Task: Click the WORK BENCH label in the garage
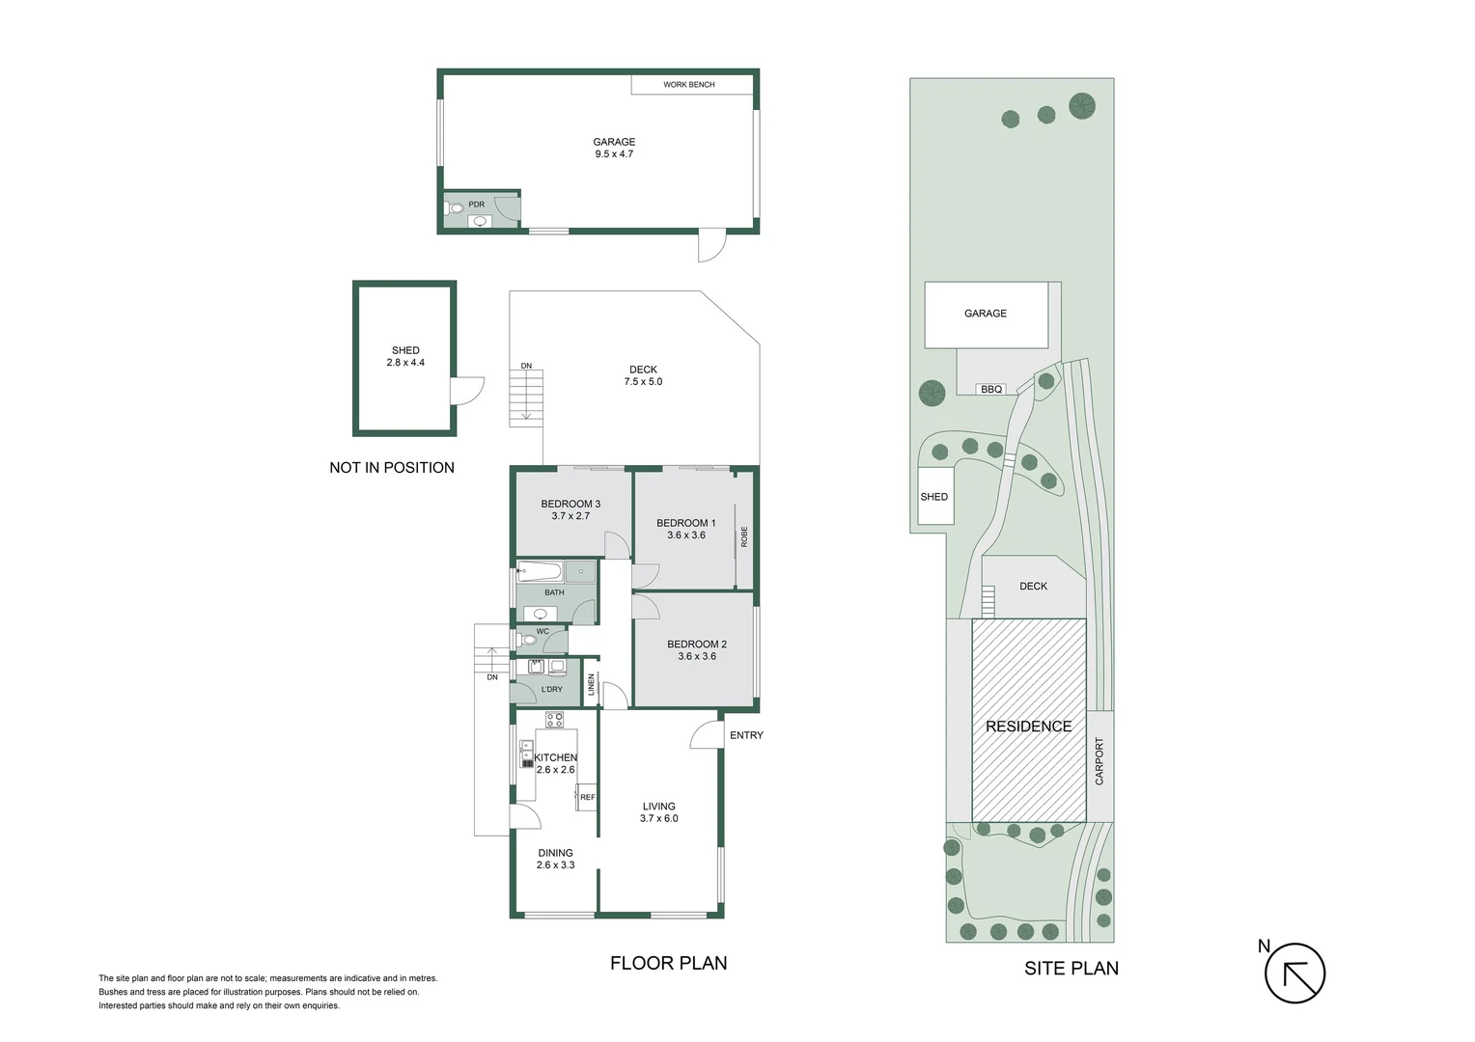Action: tap(688, 85)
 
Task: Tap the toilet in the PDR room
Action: tap(456, 207)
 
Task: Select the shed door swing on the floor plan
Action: tap(467, 391)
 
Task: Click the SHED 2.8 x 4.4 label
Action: tap(405, 356)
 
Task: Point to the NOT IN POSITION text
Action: tap(391, 468)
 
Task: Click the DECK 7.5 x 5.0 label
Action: tap(643, 375)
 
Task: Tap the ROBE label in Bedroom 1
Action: tap(744, 536)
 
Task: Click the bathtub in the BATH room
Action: tap(540, 571)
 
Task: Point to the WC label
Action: tap(543, 632)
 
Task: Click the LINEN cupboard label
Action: tap(592, 685)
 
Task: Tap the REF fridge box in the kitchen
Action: tap(587, 797)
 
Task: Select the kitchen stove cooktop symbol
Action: tap(554, 719)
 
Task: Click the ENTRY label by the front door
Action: tap(746, 735)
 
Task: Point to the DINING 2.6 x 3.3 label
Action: tap(555, 859)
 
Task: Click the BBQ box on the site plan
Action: tap(991, 389)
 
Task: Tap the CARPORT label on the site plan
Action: tap(1099, 761)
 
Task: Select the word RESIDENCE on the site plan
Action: tap(1028, 727)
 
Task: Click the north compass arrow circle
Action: tap(1294, 973)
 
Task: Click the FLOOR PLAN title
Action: tap(668, 963)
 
